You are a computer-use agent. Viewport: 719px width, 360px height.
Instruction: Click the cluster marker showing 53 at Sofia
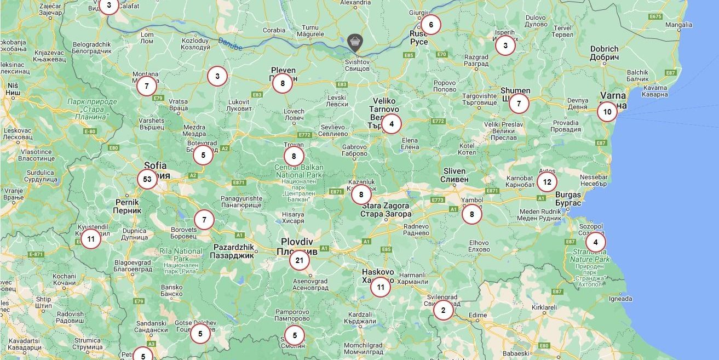(147, 179)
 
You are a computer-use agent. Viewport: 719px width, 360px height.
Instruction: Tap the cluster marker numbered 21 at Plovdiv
(299, 260)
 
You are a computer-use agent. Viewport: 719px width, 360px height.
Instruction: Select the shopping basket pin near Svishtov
(355, 42)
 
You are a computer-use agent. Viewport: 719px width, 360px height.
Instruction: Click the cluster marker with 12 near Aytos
(547, 181)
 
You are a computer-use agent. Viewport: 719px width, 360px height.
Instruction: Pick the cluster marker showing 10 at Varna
(607, 112)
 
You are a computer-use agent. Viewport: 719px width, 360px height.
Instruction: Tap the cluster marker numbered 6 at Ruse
(431, 25)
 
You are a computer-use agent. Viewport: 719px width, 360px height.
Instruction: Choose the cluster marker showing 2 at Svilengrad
(443, 310)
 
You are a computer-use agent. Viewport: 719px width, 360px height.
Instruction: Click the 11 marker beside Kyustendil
(91, 239)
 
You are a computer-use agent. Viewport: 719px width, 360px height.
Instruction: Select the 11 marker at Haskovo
(381, 287)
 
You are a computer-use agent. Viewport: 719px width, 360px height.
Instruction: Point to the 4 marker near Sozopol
(595, 242)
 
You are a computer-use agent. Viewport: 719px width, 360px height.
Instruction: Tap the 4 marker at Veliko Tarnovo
(391, 124)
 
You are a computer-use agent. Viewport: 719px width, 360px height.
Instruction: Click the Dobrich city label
(605, 53)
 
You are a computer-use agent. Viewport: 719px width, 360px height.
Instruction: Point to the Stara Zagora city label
(386, 209)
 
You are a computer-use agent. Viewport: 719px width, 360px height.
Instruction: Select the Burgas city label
(568, 199)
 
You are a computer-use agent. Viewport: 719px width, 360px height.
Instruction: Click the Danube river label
(229, 44)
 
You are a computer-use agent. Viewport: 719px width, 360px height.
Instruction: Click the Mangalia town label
(678, 25)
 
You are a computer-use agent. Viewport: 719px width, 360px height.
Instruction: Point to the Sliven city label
(454, 175)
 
